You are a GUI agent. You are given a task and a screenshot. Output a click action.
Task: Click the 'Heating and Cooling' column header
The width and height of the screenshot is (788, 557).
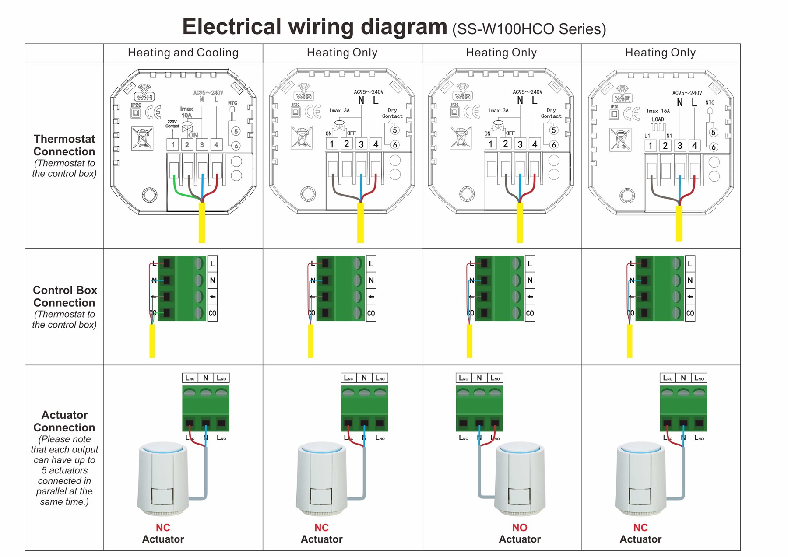click(x=183, y=53)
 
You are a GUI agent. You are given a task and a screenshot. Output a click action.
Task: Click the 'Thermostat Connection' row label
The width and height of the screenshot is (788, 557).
click(x=64, y=145)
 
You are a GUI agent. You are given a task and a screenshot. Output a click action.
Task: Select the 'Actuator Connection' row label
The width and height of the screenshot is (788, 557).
click(x=64, y=421)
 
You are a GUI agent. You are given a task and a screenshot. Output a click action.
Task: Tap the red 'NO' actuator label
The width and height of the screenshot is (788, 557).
click(x=520, y=528)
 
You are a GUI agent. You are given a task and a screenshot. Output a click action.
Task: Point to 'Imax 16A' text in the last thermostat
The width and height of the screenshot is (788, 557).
click(x=658, y=111)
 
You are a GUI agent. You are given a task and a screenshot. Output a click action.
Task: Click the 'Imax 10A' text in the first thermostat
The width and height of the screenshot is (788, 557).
click(x=186, y=112)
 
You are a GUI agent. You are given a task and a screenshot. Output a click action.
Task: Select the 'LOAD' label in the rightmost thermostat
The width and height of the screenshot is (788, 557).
click(x=658, y=119)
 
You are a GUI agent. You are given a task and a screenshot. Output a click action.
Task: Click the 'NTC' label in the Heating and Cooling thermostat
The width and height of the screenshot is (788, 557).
click(x=232, y=103)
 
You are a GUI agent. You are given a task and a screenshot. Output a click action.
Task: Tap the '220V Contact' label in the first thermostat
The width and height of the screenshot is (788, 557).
click(x=172, y=124)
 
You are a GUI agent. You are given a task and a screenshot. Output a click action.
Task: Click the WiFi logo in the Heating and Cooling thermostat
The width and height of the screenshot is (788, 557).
click(x=144, y=93)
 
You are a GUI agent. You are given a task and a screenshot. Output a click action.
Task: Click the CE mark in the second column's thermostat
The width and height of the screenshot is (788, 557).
click(x=313, y=112)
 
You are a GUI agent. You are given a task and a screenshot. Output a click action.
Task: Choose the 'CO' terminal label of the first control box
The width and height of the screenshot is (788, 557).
click(x=212, y=313)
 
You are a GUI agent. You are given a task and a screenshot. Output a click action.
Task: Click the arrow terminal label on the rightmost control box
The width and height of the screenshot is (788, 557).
click(x=690, y=297)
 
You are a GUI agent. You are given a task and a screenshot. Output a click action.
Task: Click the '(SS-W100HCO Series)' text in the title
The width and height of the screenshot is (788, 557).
click(x=529, y=29)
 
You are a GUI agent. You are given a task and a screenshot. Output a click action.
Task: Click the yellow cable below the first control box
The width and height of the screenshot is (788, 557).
click(x=152, y=341)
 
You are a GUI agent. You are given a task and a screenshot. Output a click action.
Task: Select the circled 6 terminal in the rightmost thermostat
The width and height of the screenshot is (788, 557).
click(x=714, y=147)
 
